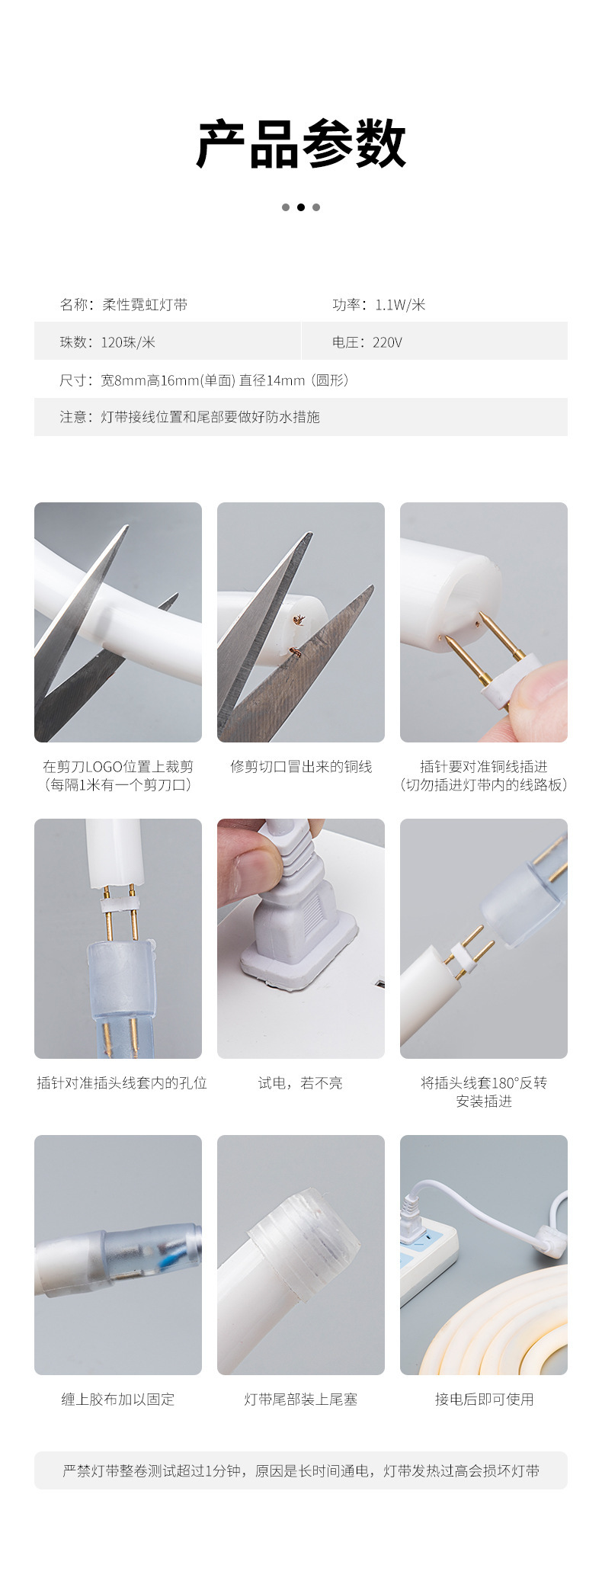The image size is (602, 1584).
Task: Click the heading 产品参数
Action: pyautogui.click(x=301, y=144)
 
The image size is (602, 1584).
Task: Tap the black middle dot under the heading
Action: pyautogui.click(x=301, y=207)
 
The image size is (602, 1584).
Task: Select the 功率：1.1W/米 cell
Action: pyautogui.click(x=379, y=305)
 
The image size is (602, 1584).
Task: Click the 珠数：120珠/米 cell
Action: pyautogui.click(x=107, y=342)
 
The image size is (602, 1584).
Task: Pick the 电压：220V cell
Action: pyautogui.click(x=367, y=342)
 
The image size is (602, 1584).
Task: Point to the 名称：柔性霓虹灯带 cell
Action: pyautogui.click(x=123, y=305)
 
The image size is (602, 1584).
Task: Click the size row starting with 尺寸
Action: pyautogui.click(x=204, y=380)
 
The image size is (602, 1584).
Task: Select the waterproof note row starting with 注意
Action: pyautogui.click(x=190, y=417)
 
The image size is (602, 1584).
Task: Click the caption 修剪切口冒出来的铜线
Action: pyautogui.click(x=301, y=767)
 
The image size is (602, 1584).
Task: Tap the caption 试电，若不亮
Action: pyautogui.click(x=300, y=1083)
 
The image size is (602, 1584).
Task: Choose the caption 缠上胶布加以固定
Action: pyautogui.click(x=118, y=1400)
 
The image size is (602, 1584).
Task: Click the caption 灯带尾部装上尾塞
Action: pyautogui.click(x=300, y=1400)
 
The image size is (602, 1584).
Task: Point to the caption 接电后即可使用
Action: pyautogui.click(x=484, y=1400)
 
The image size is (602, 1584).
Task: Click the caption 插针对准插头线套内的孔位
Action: pyautogui.click(x=122, y=1083)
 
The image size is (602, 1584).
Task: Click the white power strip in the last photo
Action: pyautogui.click(x=427, y=1250)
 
